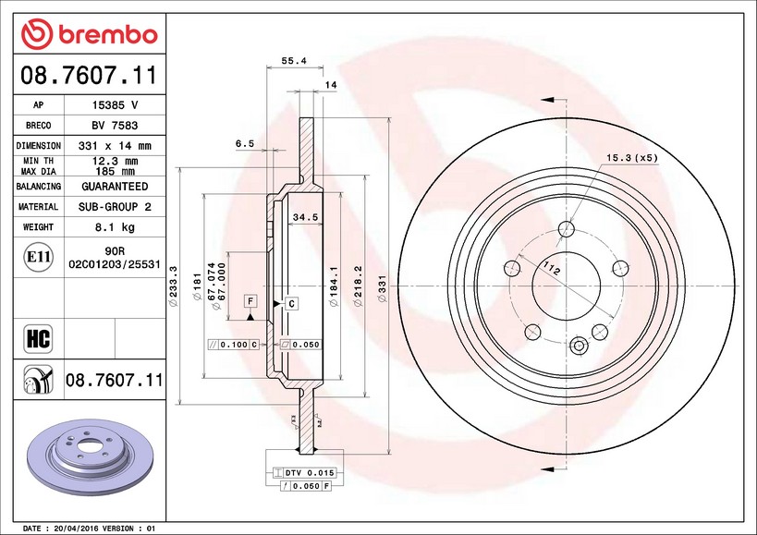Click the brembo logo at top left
90,34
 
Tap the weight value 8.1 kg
115,227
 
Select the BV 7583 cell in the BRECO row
115,126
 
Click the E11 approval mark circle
39,257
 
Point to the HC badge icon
38,339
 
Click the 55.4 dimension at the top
294,61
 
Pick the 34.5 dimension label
305,217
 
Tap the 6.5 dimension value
244,143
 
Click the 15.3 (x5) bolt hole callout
632,158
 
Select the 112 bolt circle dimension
551,268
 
